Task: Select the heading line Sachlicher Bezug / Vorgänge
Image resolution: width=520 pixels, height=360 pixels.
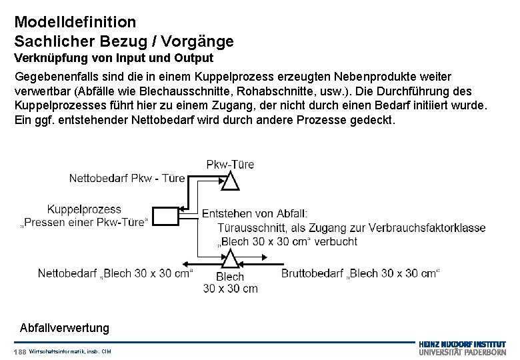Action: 124,41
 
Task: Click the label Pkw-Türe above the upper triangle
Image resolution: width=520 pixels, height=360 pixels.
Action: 230,164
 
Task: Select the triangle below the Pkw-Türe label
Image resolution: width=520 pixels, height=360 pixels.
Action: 230,181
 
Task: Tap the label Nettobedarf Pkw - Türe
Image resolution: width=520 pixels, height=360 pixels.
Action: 127,179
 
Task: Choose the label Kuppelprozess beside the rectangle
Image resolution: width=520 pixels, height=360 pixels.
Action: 84,208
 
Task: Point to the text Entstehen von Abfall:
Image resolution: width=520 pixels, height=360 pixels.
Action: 255,214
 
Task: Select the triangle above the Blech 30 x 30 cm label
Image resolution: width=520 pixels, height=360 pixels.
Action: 230,259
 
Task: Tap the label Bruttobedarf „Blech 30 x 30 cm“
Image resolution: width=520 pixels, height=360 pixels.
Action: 361,273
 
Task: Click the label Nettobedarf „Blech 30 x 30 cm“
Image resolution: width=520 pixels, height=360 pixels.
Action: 115,273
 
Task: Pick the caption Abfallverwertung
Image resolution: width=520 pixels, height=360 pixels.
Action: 65,328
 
